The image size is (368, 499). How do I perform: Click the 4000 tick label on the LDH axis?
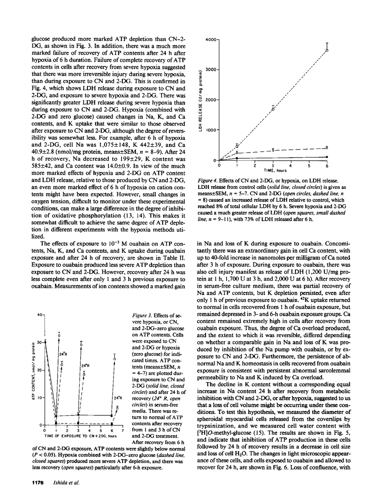point(211,39)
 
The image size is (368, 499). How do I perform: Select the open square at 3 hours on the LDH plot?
point(273,109)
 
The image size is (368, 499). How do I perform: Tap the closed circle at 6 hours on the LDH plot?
point(327,157)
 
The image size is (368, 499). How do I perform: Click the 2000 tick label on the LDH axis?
point(211,100)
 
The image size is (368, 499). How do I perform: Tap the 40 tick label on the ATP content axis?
point(40,315)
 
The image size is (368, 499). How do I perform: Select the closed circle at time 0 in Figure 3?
point(45,342)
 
